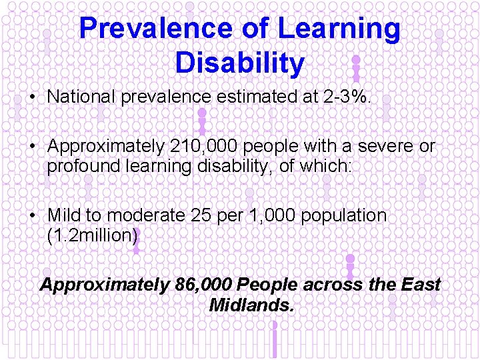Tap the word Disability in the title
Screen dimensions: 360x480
(x=239, y=63)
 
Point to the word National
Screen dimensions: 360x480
(x=81, y=97)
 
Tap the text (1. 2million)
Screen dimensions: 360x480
(x=92, y=235)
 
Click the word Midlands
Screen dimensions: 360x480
(x=251, y=305)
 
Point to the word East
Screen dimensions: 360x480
(x=421, y=285)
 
